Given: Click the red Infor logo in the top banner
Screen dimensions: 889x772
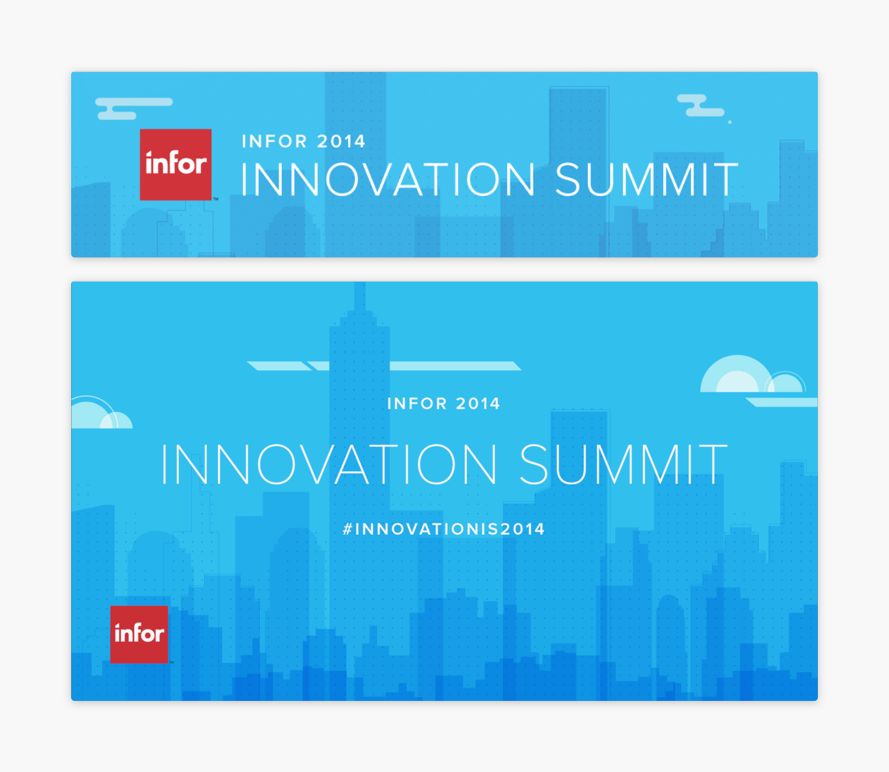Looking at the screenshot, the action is coord(176,165).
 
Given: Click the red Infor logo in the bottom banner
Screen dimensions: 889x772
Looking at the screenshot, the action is coord(139,634).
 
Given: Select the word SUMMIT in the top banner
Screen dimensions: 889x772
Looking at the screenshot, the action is coord(647,179).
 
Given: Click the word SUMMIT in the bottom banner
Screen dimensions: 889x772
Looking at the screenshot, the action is coord(623,464).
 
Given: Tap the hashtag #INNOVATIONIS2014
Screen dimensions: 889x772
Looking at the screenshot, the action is coord(444,529).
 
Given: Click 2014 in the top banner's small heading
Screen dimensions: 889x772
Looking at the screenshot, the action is coord(341,142).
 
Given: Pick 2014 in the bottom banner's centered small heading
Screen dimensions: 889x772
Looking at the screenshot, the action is coord(478,404).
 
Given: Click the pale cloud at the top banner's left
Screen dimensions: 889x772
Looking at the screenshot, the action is coord(134,108).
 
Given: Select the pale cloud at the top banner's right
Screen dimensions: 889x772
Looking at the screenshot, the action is coord(701,106).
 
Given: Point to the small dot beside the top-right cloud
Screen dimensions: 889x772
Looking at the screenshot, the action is coord(729,122).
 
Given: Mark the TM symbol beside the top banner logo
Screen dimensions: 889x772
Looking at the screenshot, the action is coord(216,199).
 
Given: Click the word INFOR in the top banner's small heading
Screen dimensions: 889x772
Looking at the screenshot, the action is coord(274,142).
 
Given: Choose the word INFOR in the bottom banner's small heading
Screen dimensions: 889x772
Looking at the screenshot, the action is coord(417,404).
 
